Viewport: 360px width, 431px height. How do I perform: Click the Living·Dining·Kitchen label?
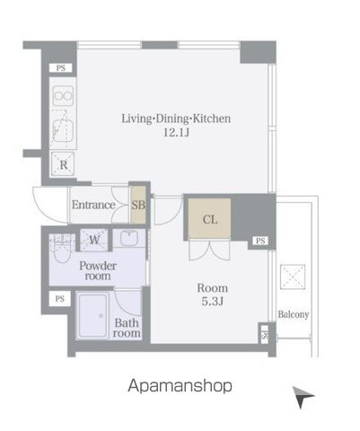coord(164,118)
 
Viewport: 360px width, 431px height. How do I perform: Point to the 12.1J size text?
coord(163,133)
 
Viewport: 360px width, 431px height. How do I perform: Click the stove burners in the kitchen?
coord(64,95)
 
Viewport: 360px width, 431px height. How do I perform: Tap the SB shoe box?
coord(138,204)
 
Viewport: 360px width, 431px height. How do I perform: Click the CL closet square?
coord(208,219)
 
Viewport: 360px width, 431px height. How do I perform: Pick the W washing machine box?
coord(94,239)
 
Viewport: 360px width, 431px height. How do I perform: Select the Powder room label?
coord(99,271)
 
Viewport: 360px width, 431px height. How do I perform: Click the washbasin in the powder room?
coord(127,241)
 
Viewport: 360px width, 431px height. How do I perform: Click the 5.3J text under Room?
coord(213,301)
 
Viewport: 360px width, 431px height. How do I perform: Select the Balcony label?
coord(293,314)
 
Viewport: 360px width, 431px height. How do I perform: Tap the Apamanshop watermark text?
coord(179,386)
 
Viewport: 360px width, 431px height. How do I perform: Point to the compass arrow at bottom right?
coord(303,395)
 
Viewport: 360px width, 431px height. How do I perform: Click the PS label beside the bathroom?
coord(60,298)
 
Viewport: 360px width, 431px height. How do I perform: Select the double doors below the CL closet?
coord(208,251)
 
